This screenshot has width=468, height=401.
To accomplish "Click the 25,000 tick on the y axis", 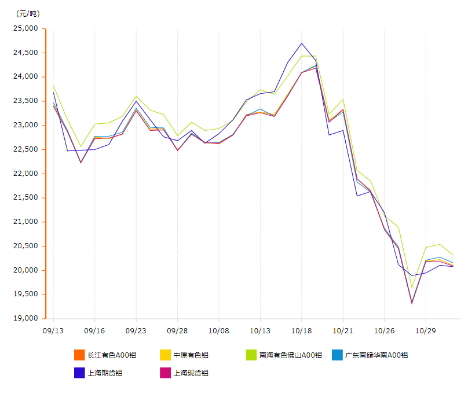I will pyautogui.click(x=25, y=28).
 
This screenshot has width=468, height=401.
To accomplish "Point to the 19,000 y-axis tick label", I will pyautogui.click(x=25, y=319).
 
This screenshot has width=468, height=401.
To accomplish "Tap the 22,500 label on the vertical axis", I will pyautogui.click(x=25, y=149).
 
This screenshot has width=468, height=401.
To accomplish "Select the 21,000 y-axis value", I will pyautogui.click(x=25, y=222).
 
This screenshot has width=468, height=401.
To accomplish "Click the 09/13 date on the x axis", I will pyautogui.click(x=53, y=331).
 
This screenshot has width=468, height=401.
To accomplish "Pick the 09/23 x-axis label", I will pyautogui.click(x=136, y=331).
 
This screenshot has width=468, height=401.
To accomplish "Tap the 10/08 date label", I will pyautogui.click(x=219, y=331).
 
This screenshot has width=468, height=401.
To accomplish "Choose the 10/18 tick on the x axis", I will pyautogui.click(x=302, y=331).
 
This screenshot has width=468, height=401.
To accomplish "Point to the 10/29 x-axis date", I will pyautogui.click(x=426, y=331).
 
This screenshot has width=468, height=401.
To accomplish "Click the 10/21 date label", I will pyautogui.click(x=343, y=331).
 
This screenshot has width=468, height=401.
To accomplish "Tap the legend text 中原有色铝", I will pyautogui.click(x=191, y=355).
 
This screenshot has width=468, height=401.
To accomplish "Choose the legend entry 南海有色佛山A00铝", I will pyautogui.click(x=290, y=355).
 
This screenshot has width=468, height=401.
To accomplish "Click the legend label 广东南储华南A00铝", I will pyautogui.click(x=376, y=355).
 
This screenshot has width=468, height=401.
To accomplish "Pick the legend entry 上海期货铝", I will pyautogui.click(x=105, y=373).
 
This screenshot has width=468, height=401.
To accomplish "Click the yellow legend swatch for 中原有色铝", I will pyautogui.click(x=165, y=355).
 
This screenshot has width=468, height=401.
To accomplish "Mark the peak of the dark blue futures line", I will pyautogui.click(x=302, y=43).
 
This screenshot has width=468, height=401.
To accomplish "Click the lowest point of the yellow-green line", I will pyautogui.click(x=412, y=288).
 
